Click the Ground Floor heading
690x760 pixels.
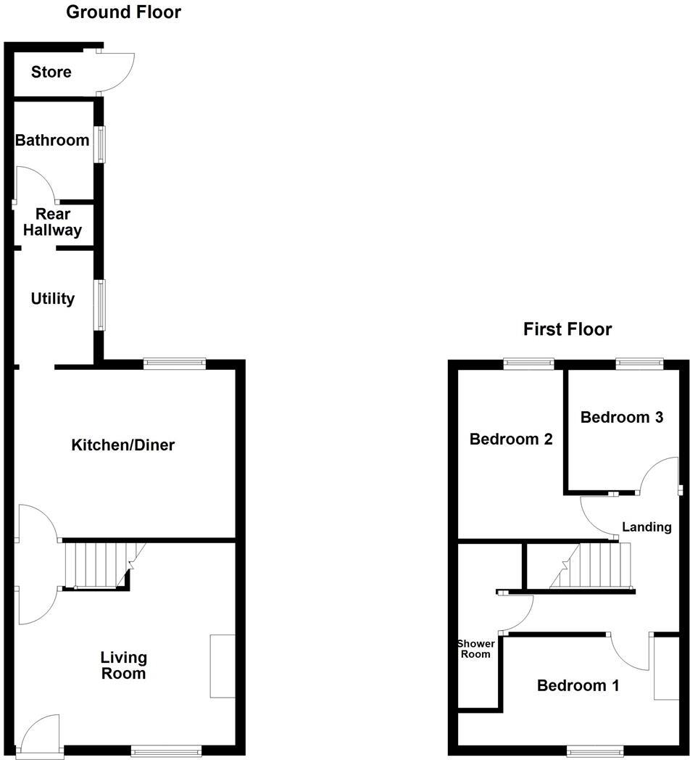[x=123, y=12]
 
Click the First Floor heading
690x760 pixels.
[x=568, y=330]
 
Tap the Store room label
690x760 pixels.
[x=51, y=72]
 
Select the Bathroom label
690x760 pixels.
[x=52, y=140]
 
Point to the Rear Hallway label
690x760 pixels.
[x=53, y=223]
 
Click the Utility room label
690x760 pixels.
[x=53, y=299]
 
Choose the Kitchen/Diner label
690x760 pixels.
[x=122, y=445]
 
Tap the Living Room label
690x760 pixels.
[x=123, y=666]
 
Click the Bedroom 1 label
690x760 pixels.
[x=578, y=685]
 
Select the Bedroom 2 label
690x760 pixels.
[x=511, y=439]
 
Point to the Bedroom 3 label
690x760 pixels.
[x=622, y=418]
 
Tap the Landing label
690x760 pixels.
[x=647, y=527]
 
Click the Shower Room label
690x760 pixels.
[x=475, y=649]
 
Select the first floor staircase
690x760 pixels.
[x=594, y=567]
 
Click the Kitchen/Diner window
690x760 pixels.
[x=175, y=363]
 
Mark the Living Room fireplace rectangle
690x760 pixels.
[x=223, y=666]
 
